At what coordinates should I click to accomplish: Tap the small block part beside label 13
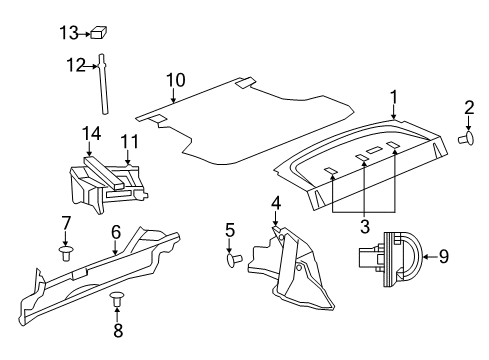tap(100, 32)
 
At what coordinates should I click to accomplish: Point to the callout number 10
tap(175, 79)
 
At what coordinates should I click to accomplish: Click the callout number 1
tap(394, 97)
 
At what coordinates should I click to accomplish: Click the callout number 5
tap(229, 230)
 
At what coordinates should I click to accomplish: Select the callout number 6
tap(115, 231)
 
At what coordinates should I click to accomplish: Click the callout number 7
tap(66, 221)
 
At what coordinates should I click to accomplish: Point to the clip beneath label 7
tap(66, 254)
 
